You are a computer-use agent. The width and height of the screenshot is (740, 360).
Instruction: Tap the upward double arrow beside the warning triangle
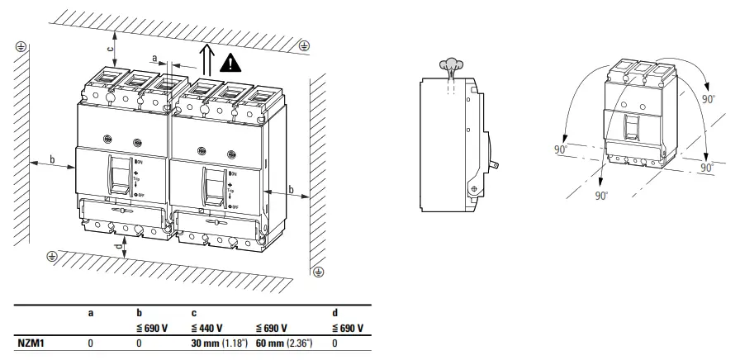point(206,59)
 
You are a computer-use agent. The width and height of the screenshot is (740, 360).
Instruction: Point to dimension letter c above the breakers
point(111,48)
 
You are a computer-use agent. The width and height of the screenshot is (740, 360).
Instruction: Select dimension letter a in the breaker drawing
point(155,57)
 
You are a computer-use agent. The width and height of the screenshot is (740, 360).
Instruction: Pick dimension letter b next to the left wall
point(52,157)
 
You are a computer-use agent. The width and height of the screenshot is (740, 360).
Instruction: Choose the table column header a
point(91,314)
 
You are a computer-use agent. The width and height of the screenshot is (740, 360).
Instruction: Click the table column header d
point(334,314)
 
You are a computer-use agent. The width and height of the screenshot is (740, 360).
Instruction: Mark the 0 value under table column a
point(91,343)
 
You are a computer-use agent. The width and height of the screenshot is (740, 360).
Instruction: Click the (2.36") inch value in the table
point(306,343)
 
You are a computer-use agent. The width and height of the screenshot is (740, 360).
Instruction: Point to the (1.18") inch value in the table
point(239,343)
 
